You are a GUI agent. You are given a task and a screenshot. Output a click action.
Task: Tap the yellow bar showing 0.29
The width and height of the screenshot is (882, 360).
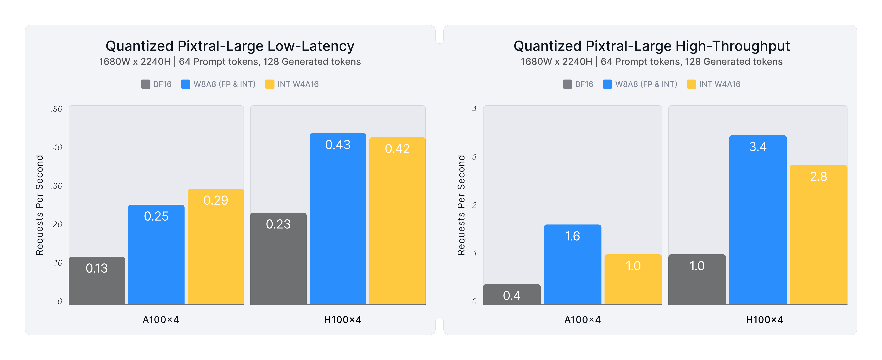pos(216,246)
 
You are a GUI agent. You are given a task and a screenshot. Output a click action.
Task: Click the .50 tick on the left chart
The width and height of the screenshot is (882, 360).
pos(56,109)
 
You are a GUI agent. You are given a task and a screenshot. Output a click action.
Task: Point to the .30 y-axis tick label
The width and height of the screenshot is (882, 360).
pos(56,186)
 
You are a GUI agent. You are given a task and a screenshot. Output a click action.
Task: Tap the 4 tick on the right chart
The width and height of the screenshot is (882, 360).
pos(474,109)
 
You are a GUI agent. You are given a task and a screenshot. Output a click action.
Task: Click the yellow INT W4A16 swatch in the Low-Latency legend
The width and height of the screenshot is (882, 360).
pos(270,84)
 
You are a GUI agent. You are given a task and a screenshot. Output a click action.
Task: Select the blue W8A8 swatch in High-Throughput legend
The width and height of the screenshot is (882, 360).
pos(607,84)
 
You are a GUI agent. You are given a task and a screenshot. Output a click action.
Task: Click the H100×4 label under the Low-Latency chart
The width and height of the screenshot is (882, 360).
pos(343,320)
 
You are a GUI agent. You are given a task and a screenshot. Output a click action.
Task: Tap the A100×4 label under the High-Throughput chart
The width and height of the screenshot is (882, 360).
pos(582,320)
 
